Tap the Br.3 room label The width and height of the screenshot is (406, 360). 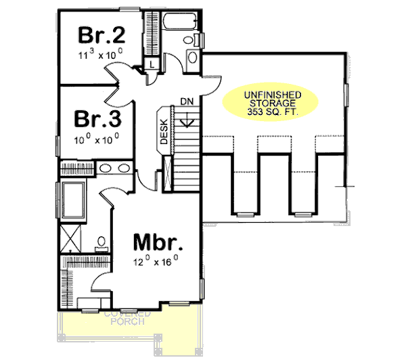click(97, 120)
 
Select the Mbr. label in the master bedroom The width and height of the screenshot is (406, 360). click(159, 242)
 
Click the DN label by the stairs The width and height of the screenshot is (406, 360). click(187, 102)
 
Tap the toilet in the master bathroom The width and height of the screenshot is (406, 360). click(101, 242)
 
